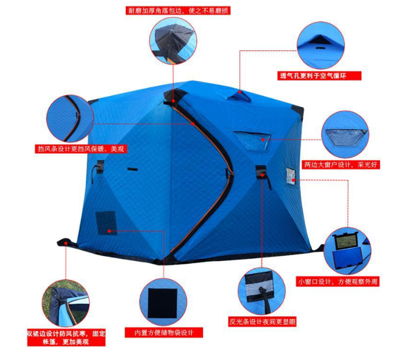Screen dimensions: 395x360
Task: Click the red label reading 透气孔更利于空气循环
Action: (x=320, y=76)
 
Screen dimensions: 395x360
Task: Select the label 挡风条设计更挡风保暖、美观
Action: (x=81, y=149)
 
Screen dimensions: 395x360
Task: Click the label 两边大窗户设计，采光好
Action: (x=340, y=165)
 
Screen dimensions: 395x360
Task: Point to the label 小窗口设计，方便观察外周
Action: (x=338, y=282)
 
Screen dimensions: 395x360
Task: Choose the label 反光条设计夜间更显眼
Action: (x=262, y=322)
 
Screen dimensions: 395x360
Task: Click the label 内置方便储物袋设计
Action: (x=164, y=333)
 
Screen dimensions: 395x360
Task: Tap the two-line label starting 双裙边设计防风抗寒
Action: (x=66, y=337)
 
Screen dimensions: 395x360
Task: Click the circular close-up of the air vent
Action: (x=321, y=45)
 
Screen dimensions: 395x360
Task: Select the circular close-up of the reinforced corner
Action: (x=173, y=41)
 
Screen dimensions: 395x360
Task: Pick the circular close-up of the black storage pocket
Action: (x=163, y=302)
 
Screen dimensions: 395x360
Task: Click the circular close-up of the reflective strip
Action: (x=262, y=291)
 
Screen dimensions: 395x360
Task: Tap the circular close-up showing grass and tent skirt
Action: (x=66, y=303)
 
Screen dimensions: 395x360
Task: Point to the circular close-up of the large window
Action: (x=345, y=134)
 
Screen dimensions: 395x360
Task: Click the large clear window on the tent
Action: (x=252, y=141)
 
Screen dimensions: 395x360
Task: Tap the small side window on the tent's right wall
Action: (x=291, y=176)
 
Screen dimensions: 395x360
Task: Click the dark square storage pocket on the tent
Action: (x=106, y=223)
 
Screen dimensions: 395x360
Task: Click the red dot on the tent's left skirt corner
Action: (x=66, y=243)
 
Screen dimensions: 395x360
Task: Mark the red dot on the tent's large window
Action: (x=263, y=139)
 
